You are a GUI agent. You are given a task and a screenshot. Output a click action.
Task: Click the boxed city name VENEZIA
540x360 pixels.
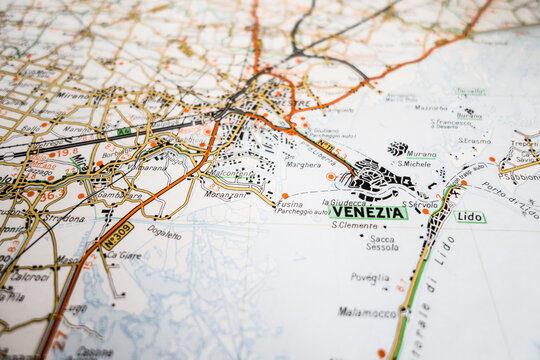point(368,212)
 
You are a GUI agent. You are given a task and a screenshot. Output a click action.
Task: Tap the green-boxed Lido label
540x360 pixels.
point(469,216)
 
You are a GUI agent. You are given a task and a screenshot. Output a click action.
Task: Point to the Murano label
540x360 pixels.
point(421,155)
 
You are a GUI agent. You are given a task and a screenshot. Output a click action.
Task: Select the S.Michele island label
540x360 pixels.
point(413,164)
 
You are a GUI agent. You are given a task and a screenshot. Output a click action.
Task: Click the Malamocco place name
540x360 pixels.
point(368,312)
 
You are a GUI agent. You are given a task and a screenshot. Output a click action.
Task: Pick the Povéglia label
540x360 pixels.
point(370,278)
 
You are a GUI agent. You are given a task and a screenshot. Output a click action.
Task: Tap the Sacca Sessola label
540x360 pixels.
point(382,243)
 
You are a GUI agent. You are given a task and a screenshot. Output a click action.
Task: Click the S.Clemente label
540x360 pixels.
point(354,225)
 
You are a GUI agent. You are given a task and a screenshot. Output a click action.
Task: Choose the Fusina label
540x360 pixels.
point(290,204)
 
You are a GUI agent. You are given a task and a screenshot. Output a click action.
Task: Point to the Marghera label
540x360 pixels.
point(303,165)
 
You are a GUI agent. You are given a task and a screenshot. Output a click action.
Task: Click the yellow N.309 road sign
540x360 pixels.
point(116,235)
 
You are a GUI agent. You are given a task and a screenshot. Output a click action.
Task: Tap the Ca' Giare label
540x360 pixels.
point(123,255)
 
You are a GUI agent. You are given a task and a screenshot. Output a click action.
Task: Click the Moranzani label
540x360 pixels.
point(225,194)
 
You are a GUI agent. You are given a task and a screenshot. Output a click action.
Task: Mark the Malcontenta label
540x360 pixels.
point(230,173)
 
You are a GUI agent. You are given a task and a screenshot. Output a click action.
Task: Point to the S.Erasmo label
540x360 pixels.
point(475,141)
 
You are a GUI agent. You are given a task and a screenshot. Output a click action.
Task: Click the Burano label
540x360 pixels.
point(469,115)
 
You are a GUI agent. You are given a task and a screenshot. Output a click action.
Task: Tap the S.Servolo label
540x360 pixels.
point(420,204)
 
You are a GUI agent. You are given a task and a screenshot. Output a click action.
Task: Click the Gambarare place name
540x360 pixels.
point(118,196)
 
